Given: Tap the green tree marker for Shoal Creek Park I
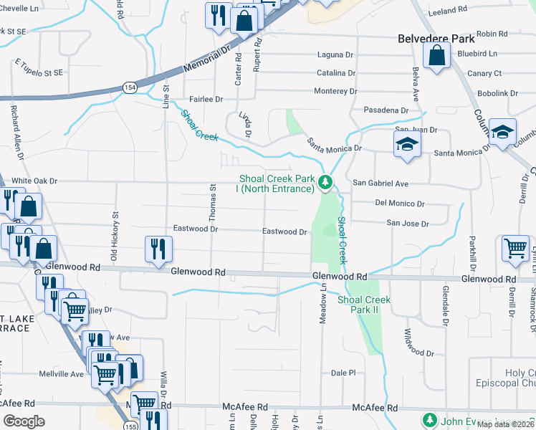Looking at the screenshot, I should (x=325, y=183).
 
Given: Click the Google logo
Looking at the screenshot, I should (x=24, y=421).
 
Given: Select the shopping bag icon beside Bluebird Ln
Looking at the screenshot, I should (x=436, y=57).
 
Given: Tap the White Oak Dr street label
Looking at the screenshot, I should (x=34, y=181).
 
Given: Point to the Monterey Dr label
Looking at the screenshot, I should (x=335, y=92).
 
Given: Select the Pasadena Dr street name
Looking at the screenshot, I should (x=386, y=111).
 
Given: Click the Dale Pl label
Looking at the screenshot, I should (x=343, y=373).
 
